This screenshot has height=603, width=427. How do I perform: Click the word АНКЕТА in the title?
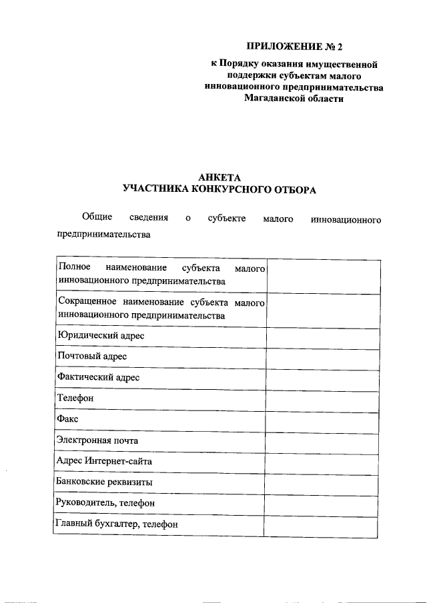tap(219, 177)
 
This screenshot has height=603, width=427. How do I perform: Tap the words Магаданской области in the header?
tap(294, 98)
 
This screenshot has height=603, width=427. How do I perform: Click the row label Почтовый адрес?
tap(93, 356)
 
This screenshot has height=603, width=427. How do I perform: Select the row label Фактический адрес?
tap(99, 377)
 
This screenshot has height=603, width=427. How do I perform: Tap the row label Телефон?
tap(76, 398)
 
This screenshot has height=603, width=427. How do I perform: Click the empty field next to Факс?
tap(322, 419)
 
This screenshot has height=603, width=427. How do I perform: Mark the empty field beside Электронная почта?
tap(322, 440)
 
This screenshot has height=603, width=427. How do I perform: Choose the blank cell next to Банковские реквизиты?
tap(322, 482)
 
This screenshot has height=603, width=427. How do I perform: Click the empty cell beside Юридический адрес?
tap(322, 336)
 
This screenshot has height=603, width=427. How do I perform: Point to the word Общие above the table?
tap(96, 218)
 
